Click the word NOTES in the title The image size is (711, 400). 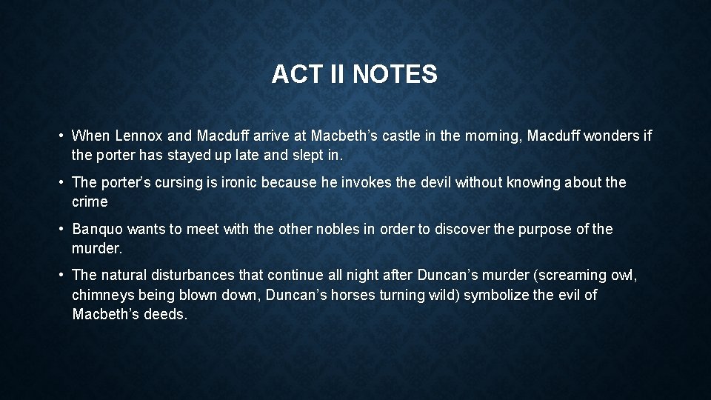click(395, 75)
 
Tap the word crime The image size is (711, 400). click(90, 201)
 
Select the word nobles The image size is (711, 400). click(338, 229)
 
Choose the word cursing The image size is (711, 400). click(171, 182)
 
